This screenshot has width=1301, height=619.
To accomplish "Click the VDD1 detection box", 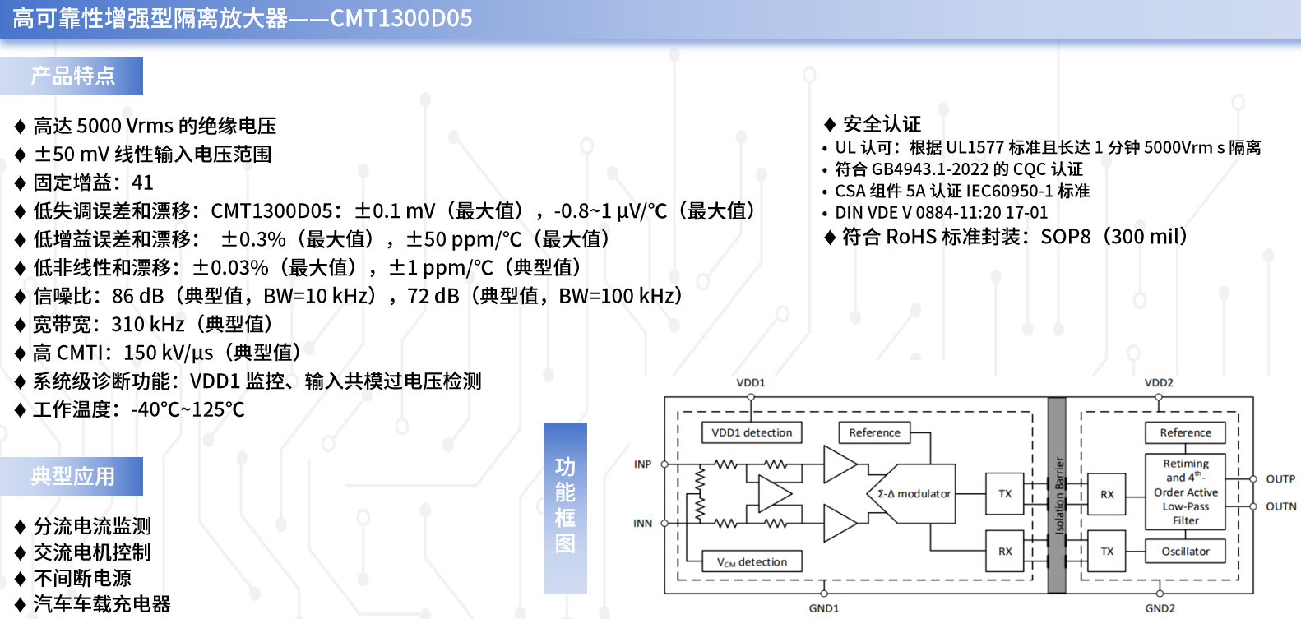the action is pos(752,432).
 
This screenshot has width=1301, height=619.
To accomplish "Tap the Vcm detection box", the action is pos(752,561).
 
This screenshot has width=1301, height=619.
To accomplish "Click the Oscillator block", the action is pos(1185,551).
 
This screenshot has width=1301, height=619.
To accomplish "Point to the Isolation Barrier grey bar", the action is pos(1057,495).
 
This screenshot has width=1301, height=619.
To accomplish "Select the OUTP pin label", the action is pos(1280,479).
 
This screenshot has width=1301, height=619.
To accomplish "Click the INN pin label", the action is pos(642,523).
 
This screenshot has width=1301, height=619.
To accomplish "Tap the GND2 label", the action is pos(1160,608).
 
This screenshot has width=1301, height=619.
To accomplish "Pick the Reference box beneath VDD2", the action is pos(1185,432).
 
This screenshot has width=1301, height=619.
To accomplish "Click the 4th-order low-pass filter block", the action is pos(1185,492).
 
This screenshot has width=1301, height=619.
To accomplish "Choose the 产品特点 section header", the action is pos(72,76).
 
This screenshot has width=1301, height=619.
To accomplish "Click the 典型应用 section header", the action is pos(72,476).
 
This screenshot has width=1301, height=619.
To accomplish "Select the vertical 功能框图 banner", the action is pos(565,508).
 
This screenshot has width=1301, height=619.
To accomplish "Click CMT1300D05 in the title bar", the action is pos(401,18).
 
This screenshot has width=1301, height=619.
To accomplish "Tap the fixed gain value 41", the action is pos(142,182).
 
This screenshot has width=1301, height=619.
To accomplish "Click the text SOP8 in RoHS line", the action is pos(1066,237).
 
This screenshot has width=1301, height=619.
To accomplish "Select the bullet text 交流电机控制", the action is pos(92,552).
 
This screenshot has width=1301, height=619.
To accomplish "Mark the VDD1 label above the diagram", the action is pos(750,383).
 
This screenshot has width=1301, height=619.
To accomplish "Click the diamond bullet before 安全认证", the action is pos(830,124).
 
